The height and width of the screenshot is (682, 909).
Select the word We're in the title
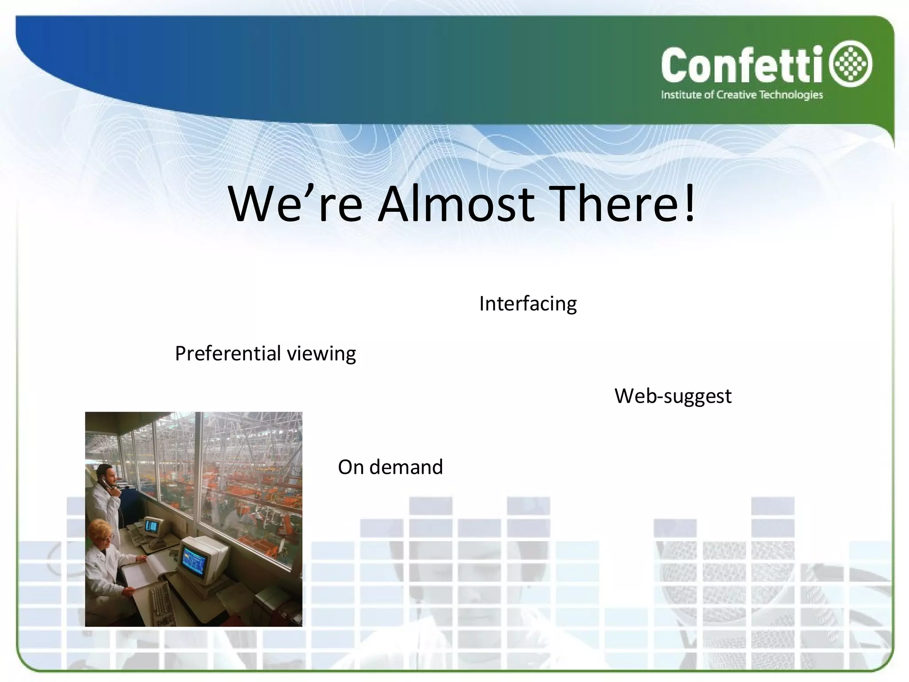click(295, 204)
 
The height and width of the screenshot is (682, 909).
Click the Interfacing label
click(528, 304)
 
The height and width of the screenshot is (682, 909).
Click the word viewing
click(321, 354)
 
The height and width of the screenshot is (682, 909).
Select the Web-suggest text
click(672, 396)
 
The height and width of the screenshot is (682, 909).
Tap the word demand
click(406, 467)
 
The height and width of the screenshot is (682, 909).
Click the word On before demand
click(351, 467)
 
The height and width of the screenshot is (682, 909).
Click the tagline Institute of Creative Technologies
click(742, 95)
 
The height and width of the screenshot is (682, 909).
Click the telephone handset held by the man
click(106, 484)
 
